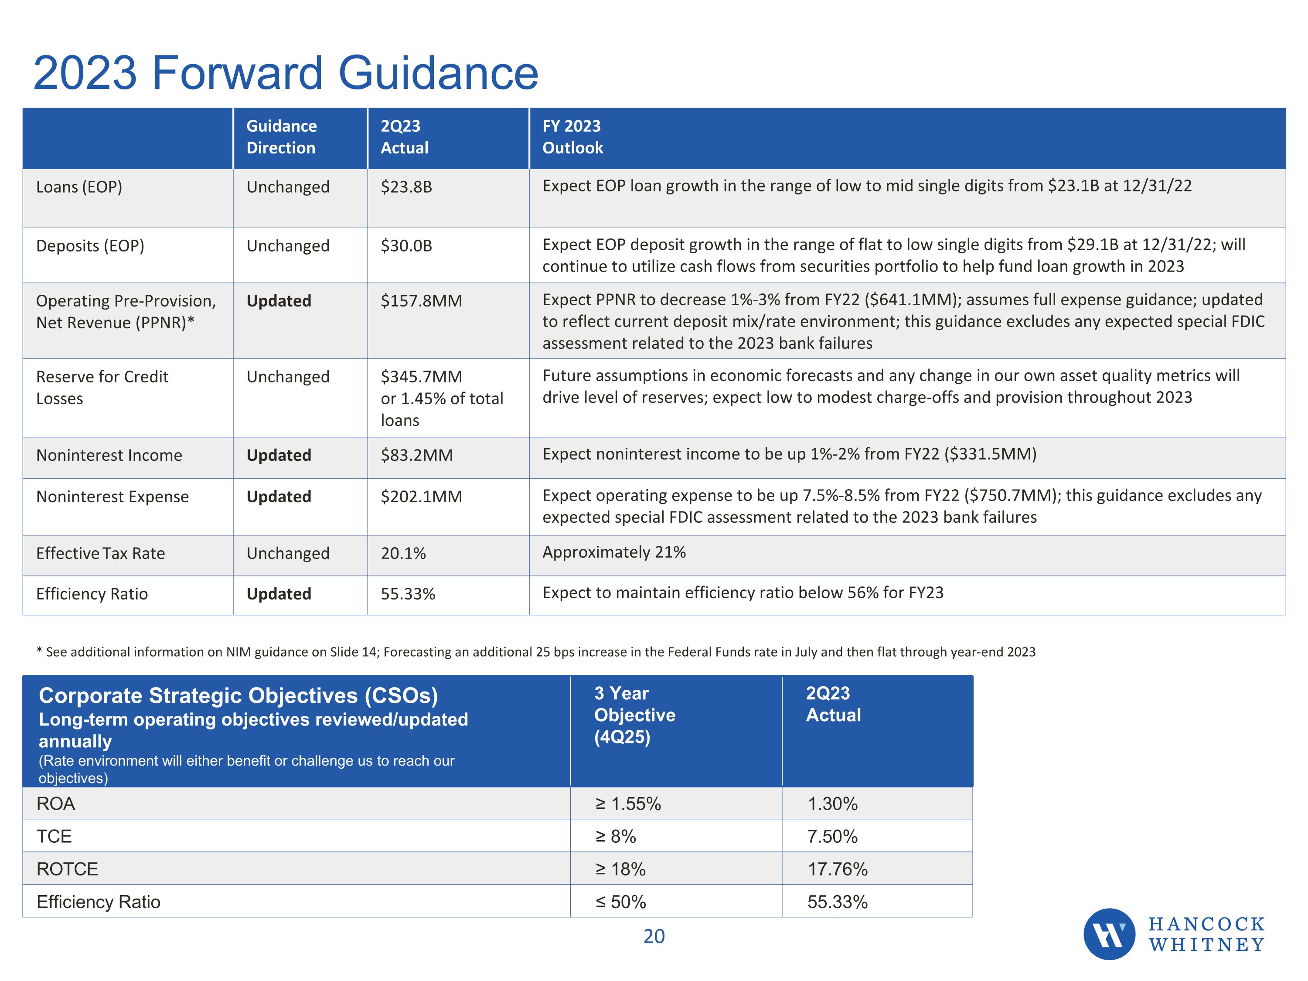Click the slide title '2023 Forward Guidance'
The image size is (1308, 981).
[x=286, y=73]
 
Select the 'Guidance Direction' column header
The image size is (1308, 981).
[x=282, y=136]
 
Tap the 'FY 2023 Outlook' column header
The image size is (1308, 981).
[x=572, y=136]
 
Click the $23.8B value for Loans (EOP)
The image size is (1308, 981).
[x=406, y=187]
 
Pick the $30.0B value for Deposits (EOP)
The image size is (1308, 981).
[x=406, y=245]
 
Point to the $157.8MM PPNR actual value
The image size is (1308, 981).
[x=421, y=301]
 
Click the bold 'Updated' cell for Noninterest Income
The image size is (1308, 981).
[x=279, y=455]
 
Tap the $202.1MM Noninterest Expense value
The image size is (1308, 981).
[x=421, y=497]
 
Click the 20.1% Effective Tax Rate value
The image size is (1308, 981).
[x=403, y=553]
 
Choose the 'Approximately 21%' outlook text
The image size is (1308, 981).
[x=614, y=552]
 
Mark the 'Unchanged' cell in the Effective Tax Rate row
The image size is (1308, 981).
[x=288, y=553]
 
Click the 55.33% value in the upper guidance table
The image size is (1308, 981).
[x=407, y=594]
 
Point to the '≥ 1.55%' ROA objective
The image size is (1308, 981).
[x=628, y=804]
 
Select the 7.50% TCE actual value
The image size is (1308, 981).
[x=832, y=836]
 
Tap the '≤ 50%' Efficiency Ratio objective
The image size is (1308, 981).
[x=620, y=902]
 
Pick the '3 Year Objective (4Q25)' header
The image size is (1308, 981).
[x=634, y=715]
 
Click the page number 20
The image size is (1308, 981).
[x=654, y=937]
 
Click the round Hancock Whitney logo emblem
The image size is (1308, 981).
[x=1109, y=934]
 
